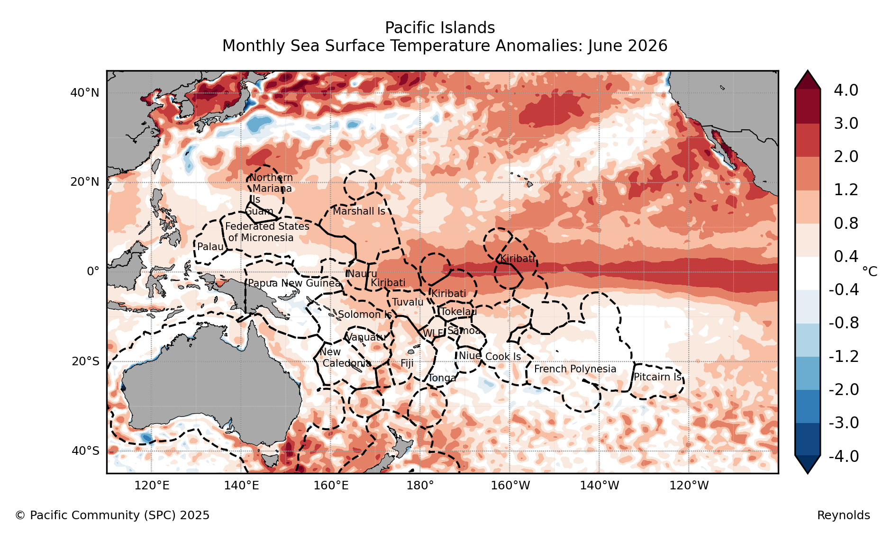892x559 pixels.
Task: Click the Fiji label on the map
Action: coord(407,363)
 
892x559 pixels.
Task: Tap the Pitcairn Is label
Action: coord(658,377)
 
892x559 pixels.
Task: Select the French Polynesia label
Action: coord(575,369)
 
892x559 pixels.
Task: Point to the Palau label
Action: coord(210,247)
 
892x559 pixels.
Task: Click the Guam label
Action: coord(259,211)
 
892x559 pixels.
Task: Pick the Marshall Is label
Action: coord(359,211)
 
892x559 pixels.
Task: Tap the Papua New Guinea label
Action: coord(294,283)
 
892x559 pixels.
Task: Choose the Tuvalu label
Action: coord(408,302)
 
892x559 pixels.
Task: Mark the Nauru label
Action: coord(362,274)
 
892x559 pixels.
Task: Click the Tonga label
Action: coord(442,378)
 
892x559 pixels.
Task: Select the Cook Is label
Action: coord(503,357)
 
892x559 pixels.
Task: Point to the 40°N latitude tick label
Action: coord(85,93)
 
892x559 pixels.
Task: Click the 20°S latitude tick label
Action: coord(86,361)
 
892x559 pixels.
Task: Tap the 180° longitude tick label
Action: coord(420,486)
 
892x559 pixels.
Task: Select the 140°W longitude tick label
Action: coord(599,486)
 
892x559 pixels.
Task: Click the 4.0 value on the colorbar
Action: coord(846,90)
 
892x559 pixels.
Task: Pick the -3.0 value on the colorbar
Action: coord(844,423)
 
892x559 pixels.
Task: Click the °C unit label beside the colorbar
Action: coord(870,271)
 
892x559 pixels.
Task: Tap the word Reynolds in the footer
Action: coord(844,515)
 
